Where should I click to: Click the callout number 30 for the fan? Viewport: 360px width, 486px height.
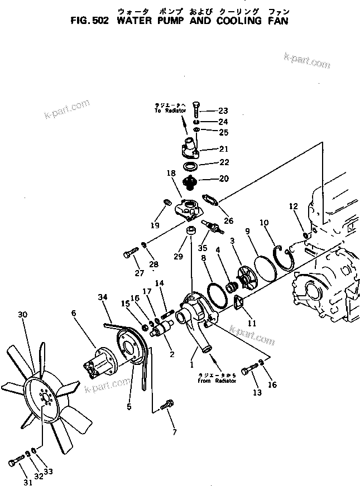point(22,315)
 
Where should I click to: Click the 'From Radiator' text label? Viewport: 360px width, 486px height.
point(217,378)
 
